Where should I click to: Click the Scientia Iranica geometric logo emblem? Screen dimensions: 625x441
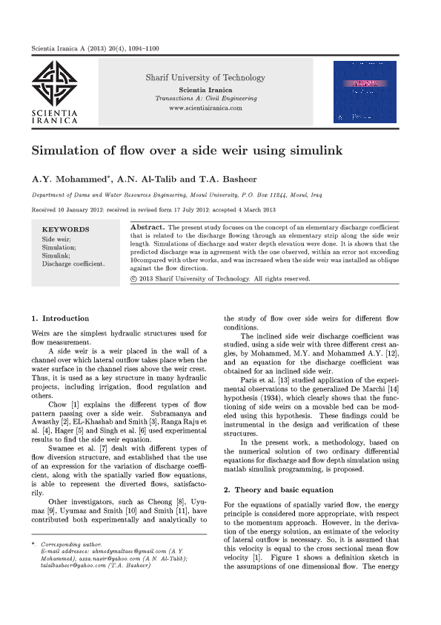click(56, 83)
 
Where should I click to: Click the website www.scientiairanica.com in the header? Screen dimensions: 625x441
click(205, 108)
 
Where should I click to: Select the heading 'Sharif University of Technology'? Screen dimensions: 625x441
click(205, 77)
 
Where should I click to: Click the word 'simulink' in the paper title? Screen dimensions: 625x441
click(316, 151)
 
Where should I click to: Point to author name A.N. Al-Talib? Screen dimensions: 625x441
click(150, 179)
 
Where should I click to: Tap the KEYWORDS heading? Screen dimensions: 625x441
click(66, 230)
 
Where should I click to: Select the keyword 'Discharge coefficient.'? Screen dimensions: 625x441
click(73, 264)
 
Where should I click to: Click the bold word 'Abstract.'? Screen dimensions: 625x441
click(148, 226)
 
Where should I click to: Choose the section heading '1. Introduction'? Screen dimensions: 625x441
click(61, 318)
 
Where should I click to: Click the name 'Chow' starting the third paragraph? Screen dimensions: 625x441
click(58, 405)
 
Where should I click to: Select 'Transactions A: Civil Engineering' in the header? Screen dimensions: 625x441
click(205, 99)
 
